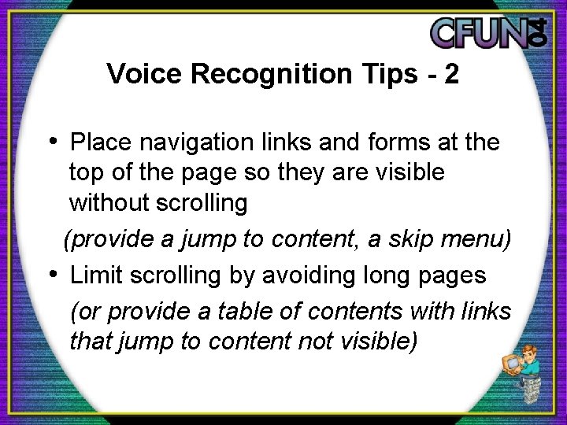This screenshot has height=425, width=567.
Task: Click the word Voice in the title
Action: point(135,74)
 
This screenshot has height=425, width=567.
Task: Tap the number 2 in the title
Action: point(451,74)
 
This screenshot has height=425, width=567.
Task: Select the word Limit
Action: point(95,276)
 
